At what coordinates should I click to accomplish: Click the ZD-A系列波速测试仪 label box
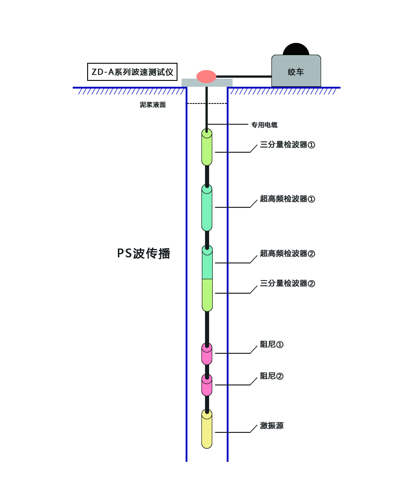click(x=132, y=72)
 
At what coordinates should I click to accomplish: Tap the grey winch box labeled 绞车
click(x=296, y=71)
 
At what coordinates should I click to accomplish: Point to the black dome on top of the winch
click(x=296, y=49)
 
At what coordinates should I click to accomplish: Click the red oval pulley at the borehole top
click(x=206, y=76)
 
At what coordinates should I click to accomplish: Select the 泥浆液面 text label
click(x=153, y=105)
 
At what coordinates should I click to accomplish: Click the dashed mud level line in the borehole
click(x=207, y=104)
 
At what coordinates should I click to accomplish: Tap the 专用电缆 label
click(x=264, y=125)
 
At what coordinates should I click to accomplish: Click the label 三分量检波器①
click(x=287, y=145)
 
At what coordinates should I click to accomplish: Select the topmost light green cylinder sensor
click(x=207, y=147)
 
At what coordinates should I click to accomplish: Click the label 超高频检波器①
click(x=287, y=199)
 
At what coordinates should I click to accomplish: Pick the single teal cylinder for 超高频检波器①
click(x=207, y=208)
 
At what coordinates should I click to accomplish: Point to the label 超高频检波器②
click(x=287, y=253)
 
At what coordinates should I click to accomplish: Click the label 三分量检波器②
click(x=287, y=283)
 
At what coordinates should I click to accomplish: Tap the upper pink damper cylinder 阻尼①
click(x=207, y=354)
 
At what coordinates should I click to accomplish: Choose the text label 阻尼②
click(x=271, y=376)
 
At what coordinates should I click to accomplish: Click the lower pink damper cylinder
click(x=207, y=385)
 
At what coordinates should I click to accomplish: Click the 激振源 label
click(x=271, y=426)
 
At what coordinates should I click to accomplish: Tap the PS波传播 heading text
click(x=144, y=253)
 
